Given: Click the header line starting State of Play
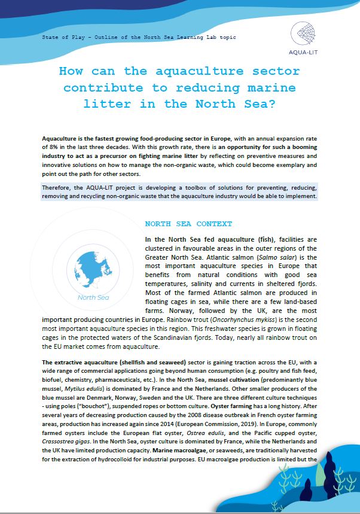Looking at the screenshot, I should tap(139, 37).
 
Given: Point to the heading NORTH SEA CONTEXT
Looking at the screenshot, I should tap(188, 224).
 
